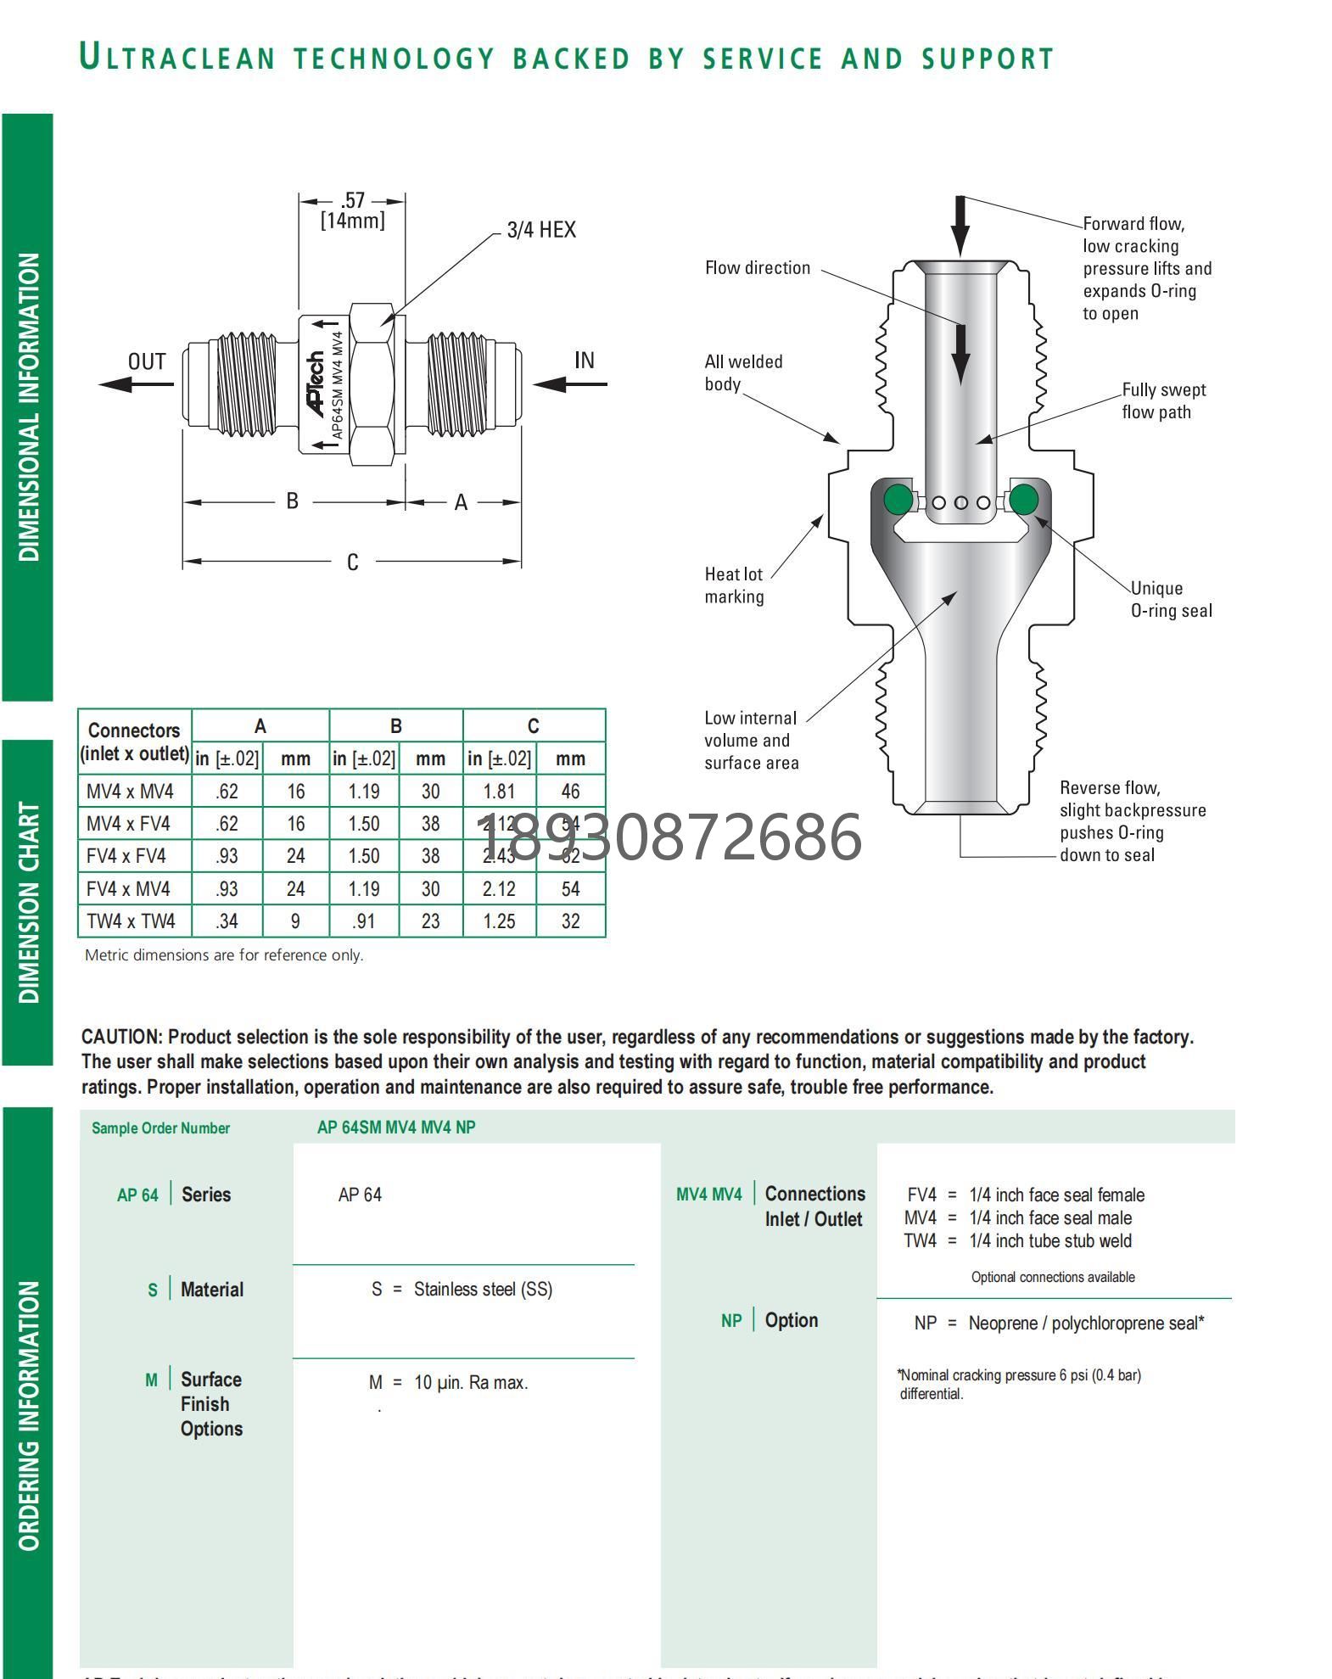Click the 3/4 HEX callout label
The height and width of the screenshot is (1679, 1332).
(x=540, y=230)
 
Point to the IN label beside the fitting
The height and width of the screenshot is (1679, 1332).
(x=584, y=361)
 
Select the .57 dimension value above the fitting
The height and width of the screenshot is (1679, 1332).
(x=353, y=201)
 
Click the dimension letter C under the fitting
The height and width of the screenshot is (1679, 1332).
(x=353, y=562)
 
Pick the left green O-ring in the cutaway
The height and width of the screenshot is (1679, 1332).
(x=898, y=499)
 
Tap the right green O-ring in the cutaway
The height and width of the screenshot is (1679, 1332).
(x=1023, y=499)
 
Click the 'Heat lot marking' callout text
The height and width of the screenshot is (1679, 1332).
(x=734, y=585)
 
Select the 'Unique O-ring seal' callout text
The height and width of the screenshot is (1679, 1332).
(x=1171, y=599)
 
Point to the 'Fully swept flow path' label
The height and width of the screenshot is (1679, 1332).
(x=1163, y=400)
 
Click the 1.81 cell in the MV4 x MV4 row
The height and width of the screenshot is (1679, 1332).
(x=499, y=792)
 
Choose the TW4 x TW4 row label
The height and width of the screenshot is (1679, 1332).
(x=131, y=921)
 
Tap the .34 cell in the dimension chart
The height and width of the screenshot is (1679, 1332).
(x=227, y=921)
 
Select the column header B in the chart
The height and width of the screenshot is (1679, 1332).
(x=396, y=726)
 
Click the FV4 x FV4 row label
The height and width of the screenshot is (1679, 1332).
(x=126, y=856)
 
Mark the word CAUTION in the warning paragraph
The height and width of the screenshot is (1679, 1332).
(x=121, y=1037)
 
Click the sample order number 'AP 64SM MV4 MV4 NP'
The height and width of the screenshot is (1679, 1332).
(x=396, y=1128)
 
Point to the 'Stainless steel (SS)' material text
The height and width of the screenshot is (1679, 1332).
(x=483, y=1290)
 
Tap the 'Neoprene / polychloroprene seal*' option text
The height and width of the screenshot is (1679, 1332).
(x=1086, y=1324)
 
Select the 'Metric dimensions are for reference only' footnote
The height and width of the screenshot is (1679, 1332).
(x=224, y=955)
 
